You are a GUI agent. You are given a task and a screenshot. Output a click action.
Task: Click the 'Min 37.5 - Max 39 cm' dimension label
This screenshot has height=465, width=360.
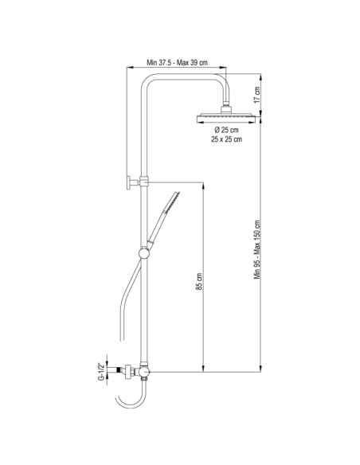pyautogui.click(x=177, y=63)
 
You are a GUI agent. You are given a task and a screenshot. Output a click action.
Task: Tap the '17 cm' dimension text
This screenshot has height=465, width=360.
pyautogui.click(x=257, y=95)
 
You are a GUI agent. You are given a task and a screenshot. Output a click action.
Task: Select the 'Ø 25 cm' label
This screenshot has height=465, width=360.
pyautogui.click(x=226, y=130)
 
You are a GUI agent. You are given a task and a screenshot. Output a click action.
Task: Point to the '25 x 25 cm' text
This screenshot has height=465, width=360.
pyautogui.click(x=226, y=139)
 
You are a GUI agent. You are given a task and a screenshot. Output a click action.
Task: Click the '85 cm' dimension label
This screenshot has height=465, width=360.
pyautogui.click(x=199, y=281)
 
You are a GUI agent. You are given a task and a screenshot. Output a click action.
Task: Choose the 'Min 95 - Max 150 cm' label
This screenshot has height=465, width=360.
pyautogui.click(x=257, y=249)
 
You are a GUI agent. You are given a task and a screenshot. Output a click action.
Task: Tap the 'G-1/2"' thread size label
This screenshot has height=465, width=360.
pyautogui.click(x=101, y=371)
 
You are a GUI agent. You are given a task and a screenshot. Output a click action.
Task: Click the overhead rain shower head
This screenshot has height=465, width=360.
pyautogui.click(x=226, y=118)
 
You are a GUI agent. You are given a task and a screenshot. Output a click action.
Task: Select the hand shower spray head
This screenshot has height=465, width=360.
pyautogui.click(x=172, y=201)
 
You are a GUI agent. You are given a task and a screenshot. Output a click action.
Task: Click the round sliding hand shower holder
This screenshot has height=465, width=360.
pyautogui.click(x=144, y=253)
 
